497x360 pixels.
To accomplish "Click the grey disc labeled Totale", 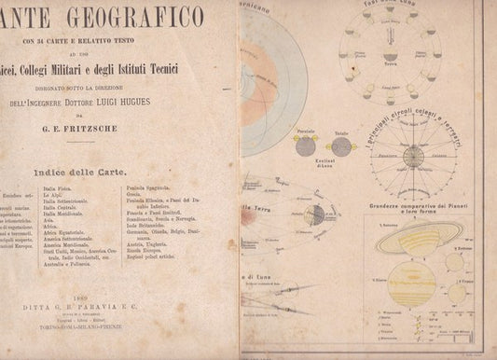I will click(331, 145).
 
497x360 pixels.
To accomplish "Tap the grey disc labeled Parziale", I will click(304, 146).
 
